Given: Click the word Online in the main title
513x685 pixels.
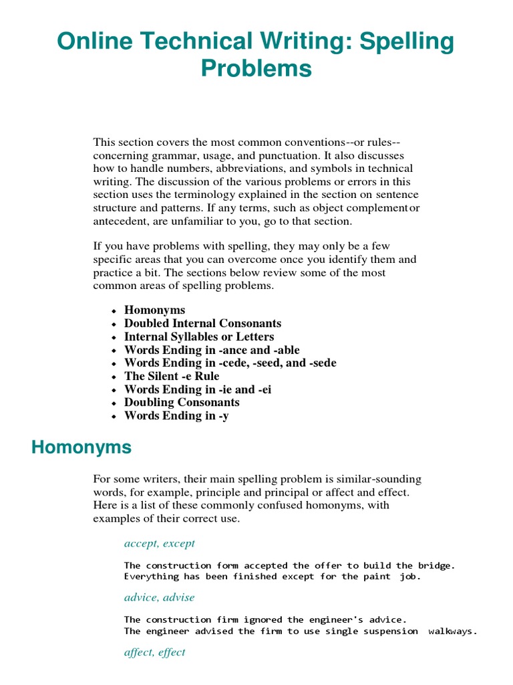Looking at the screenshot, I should pyautogui.click(x=92, y=41).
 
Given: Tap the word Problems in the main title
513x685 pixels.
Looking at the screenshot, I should pyautogui.click(x=256, y=68).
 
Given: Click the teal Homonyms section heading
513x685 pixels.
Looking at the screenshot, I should pyautogui.click(x=81, y=448).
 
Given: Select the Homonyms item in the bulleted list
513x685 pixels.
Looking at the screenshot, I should pyautogui.click(x=154, y=310).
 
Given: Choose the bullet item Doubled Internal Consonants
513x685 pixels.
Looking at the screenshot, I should pyautogui.click(x=202, y=323).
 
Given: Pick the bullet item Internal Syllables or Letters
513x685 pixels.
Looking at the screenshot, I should pyautogui.click(x=198, y=336).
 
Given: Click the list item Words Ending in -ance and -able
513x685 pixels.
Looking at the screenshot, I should pyautogui.click(x=212, y=350).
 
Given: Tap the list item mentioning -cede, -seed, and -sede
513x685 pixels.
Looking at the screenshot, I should pyautogui.click(x=230, y=363).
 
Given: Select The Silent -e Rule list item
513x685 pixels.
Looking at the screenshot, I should pyautogui.click(x=171, y=376).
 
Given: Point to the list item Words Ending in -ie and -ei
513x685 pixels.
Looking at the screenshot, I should pyautogui.click(x=198, y=389).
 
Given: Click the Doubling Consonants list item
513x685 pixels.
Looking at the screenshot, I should pyautogui.click(x=182, y=403).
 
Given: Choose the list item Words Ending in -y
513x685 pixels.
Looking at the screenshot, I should pyautogui.click(x=176, y=416).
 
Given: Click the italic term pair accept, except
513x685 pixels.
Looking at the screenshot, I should pyautogui.click(x=159, y=543).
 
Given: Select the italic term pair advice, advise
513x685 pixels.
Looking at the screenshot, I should pyautogui.click(x=159, y=597).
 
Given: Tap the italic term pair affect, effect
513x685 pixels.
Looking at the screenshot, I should pyautogui.click(x=154, y=652).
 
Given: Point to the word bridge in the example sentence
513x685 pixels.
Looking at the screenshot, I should pyautogui.click(x=434, y=565).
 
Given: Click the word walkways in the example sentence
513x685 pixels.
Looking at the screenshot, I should pyautogui.click(x=452, y=631).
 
